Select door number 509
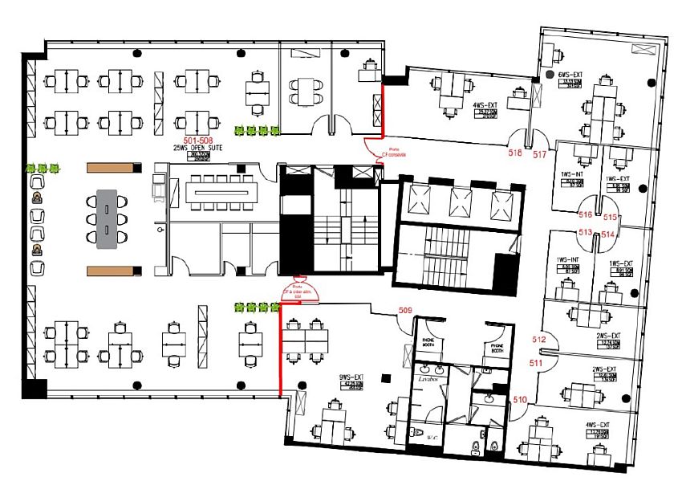click(x=405, y=310)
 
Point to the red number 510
click(x=520, y=399)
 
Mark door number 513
click(x=586, y=232)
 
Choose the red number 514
click(x=608, y=234)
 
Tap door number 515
click(x=610, y=217)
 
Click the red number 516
click(x=586, y=215)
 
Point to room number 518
click(x=515, y=151)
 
